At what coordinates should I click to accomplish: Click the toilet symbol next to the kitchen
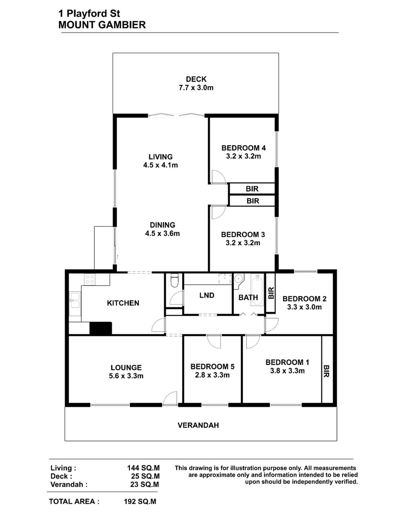click(175, 280)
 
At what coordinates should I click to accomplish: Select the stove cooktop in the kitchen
click(90, 279)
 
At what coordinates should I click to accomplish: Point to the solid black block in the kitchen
click(101, 328)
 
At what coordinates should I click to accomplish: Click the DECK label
click(196, 79)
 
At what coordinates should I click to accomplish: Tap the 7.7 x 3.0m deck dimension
click(196, 88)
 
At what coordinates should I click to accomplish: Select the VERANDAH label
click(198, 425)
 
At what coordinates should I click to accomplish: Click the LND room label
click(206, 296)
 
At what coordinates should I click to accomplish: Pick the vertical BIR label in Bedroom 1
click(326, 371)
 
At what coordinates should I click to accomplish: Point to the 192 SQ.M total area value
click(140, 501)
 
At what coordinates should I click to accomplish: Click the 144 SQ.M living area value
click(144, 468)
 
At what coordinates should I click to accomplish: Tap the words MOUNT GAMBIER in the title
click(102, 25)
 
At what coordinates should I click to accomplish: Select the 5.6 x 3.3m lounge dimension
click(126, 376)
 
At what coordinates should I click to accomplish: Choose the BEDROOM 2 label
click(304, 299)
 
